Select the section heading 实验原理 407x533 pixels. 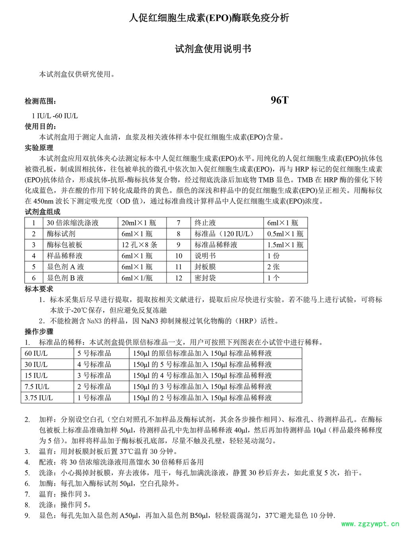tap(39, 148)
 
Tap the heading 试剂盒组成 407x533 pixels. tap(43, 212)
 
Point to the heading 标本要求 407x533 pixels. tap(39, 289)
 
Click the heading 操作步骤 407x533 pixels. tap(39, 331)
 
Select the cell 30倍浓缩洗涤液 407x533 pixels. tap(73, 223)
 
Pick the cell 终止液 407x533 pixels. tap(205, 223)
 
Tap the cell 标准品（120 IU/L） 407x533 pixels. tap(225, 234)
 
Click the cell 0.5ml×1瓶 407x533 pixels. tap(285, 234)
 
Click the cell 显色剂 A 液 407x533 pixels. tap(65, 267)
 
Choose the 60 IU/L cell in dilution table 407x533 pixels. tap(36, 353)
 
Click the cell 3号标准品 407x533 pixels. tap(94, 376)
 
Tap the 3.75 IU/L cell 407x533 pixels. tap(39, 398)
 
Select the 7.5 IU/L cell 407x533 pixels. tap(37, 387)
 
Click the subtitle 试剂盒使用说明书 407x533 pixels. tap(213, 49)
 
